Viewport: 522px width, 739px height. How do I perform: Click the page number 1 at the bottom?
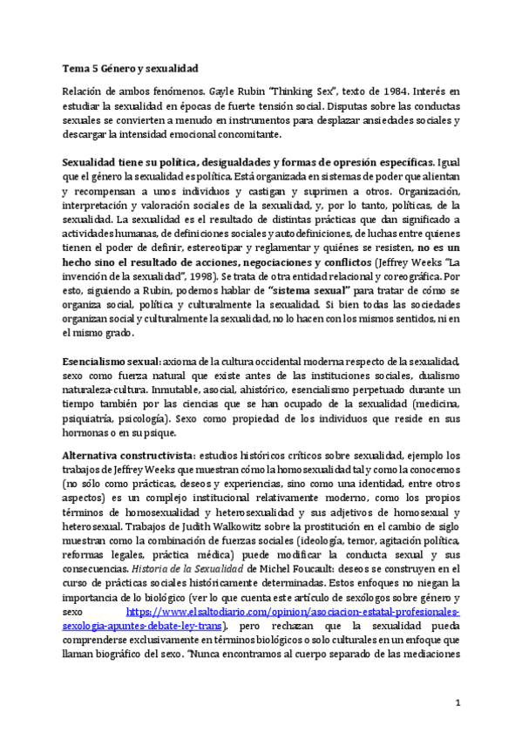458,702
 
